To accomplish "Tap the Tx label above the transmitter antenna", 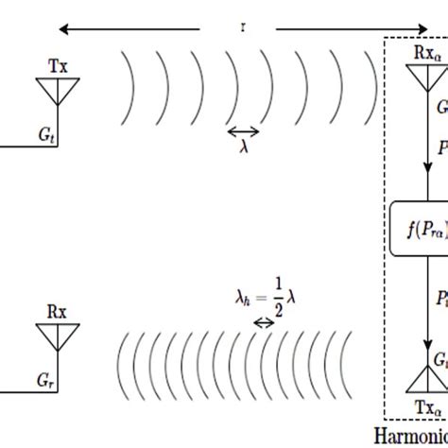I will coord(57,67).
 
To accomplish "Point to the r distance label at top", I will coord(243,27).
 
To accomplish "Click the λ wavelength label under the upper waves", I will coord(245,148).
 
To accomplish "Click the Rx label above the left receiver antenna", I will coord(57,311).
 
